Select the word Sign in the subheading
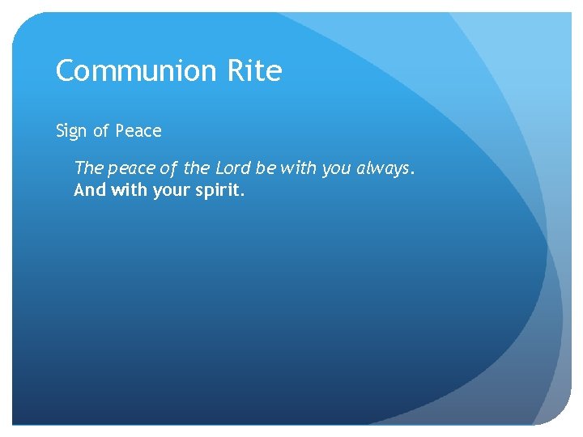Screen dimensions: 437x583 [x=70, y=131]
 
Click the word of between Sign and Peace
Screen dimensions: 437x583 [x=101, y=131]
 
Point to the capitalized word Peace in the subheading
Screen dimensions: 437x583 [x=138, y=131]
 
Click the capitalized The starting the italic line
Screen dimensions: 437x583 [x=88, y=168]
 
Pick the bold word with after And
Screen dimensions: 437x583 [x=122, y=191]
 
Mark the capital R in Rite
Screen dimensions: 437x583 [x=236, y=71]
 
